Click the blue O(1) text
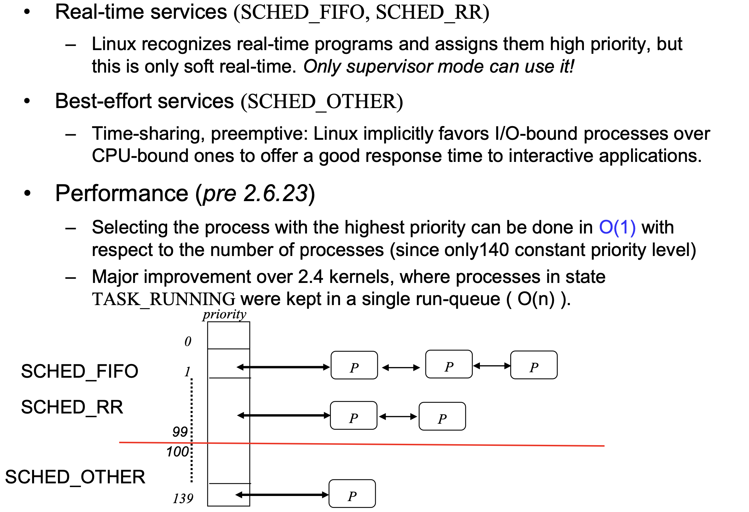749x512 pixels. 617,227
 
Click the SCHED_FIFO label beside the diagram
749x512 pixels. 79,371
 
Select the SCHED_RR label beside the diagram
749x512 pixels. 72,407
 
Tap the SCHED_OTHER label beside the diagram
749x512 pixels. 75,477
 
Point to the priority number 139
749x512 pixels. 183,499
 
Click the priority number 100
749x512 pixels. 177,452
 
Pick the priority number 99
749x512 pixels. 180,432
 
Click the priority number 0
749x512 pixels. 188,342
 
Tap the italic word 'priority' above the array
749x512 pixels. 224,314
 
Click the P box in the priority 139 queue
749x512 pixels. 352,494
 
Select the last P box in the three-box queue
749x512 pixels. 534,365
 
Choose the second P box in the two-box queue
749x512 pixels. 442,417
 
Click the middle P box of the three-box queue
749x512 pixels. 449,364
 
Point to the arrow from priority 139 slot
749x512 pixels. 282,495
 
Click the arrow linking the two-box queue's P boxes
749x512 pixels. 398,417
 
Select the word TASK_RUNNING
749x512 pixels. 164,299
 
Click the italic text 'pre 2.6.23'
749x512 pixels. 255,194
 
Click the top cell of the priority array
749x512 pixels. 229,335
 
